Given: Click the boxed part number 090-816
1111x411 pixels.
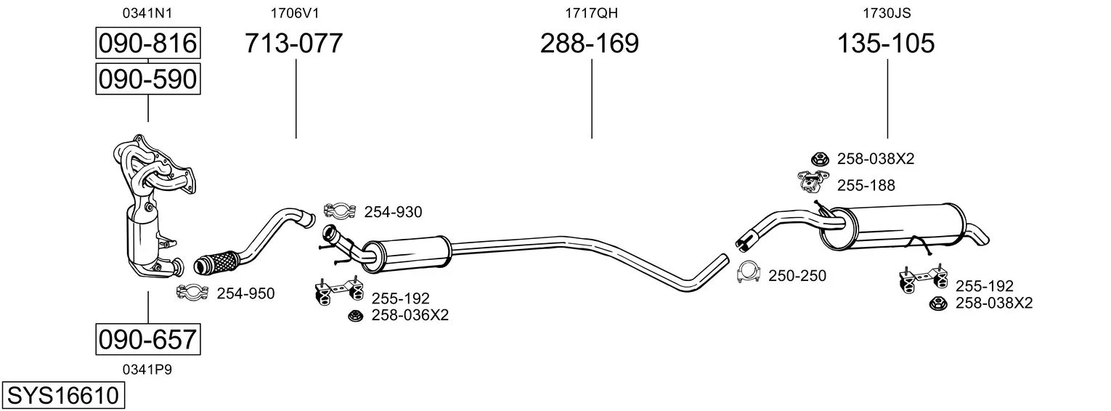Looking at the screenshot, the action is coord(148,43).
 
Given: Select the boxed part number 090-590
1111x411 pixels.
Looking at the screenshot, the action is coord(148,79).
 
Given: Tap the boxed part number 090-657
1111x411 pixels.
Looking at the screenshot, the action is coord(148,339).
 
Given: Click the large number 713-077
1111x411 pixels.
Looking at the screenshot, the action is coord(293,43).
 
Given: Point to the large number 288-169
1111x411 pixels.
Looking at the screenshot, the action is coord(589,43).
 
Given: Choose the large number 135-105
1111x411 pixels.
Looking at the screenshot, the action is coord(886,43).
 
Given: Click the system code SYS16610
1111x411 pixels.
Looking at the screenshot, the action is coord(63,396).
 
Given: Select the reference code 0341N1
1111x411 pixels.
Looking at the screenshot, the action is coord(147,13).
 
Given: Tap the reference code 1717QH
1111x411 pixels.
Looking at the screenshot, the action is coord(591,13).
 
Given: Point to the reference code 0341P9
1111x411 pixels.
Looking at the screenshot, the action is coord(147,370).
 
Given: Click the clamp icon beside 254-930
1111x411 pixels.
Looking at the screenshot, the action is coord(340,211).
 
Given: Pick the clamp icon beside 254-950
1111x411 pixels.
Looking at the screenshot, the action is coord(192,293).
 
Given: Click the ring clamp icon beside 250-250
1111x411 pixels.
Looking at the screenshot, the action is coord(749,272).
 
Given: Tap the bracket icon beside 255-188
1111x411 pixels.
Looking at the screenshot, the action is coord(813,182).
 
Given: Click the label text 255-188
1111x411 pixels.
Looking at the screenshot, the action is coord(866,185).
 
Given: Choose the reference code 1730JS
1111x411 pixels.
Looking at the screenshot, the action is coord(887,13).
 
